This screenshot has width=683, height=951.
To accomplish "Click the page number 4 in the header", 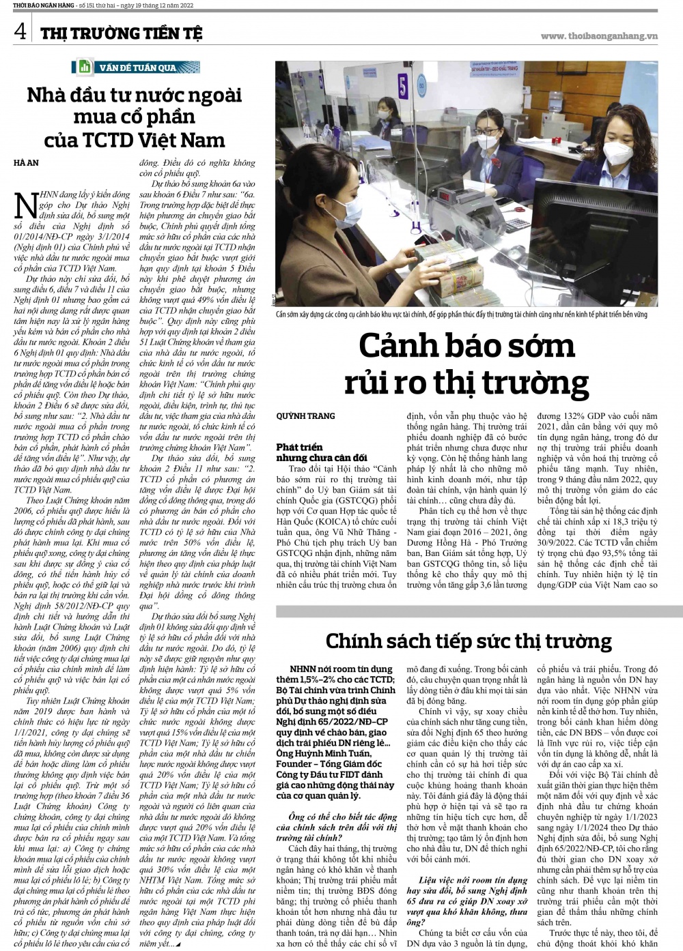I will pos(20,31).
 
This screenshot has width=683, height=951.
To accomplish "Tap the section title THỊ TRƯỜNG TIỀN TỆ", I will pos(120,33).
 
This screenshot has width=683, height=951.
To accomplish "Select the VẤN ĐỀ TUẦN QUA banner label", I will pos(138,68).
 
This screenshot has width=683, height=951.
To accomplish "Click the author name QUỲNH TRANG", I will pos(305,416).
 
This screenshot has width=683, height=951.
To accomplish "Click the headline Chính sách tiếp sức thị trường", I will pos(468,641).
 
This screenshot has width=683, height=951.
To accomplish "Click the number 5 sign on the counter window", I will pos(402,87).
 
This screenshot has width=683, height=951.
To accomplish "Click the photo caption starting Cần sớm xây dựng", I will pos(461,314).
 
